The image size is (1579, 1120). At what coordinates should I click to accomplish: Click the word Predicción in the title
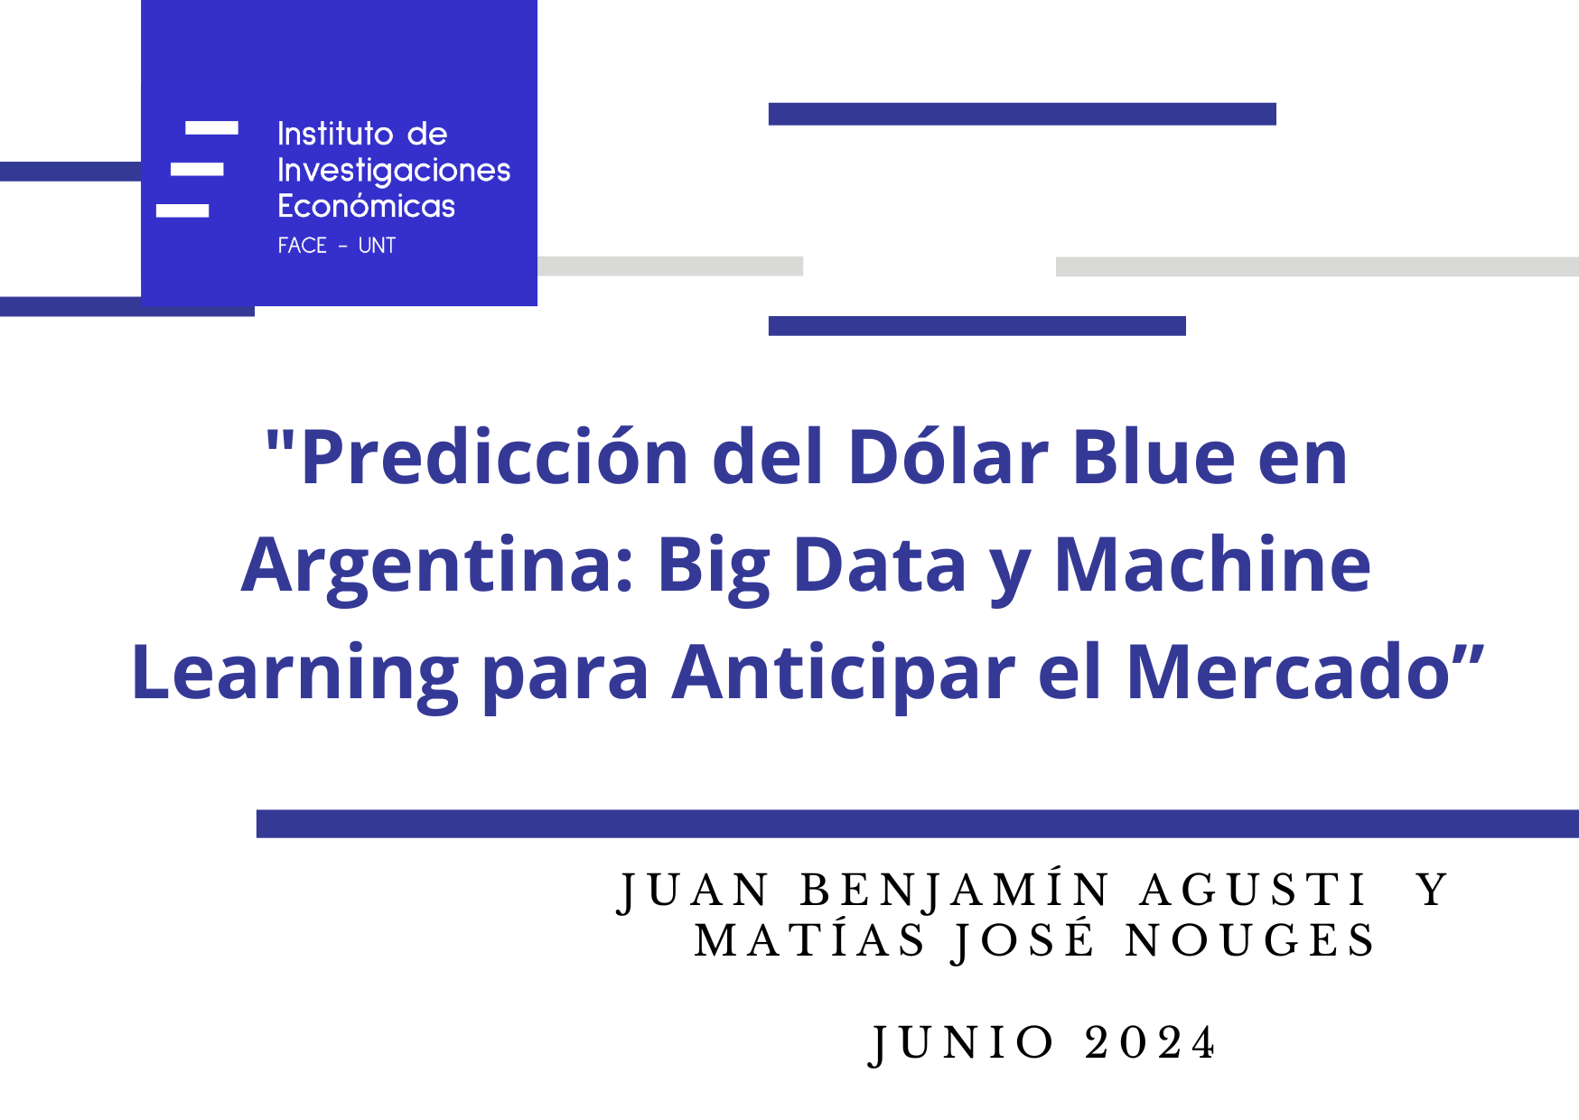[x=495, y=457]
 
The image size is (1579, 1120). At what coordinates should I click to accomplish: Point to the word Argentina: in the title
[x=437, y=567]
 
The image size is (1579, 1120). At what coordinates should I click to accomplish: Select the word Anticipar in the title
[x=844, y=675]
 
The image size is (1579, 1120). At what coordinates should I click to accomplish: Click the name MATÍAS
[x=809, y=939]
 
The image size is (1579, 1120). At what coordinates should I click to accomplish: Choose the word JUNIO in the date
[x=962, y=1045]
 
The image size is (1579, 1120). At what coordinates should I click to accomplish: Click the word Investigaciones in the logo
[x=394, y=171]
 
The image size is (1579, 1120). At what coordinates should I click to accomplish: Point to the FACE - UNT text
[x=336, y=246]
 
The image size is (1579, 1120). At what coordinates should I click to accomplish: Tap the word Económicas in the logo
[x=366, y=205]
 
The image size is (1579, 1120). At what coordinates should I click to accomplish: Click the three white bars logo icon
[x=197, y=169]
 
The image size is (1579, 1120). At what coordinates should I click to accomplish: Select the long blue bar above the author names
[x=917, y=824]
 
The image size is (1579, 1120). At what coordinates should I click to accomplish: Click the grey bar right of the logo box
[x=670, y=266]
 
